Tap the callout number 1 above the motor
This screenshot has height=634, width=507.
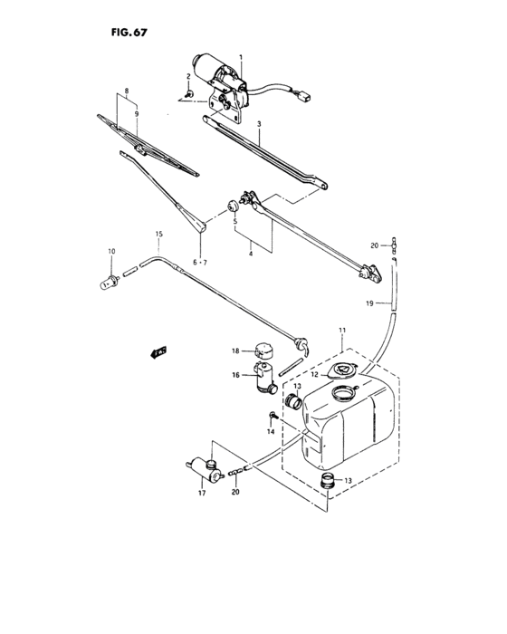[x=241, y=57]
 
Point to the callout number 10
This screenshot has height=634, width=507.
[x=112, y=252]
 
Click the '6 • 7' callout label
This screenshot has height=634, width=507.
[x=199, y=263]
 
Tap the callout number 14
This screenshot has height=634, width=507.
[x=269, y=433]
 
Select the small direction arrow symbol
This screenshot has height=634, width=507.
[x=160, y=351]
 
